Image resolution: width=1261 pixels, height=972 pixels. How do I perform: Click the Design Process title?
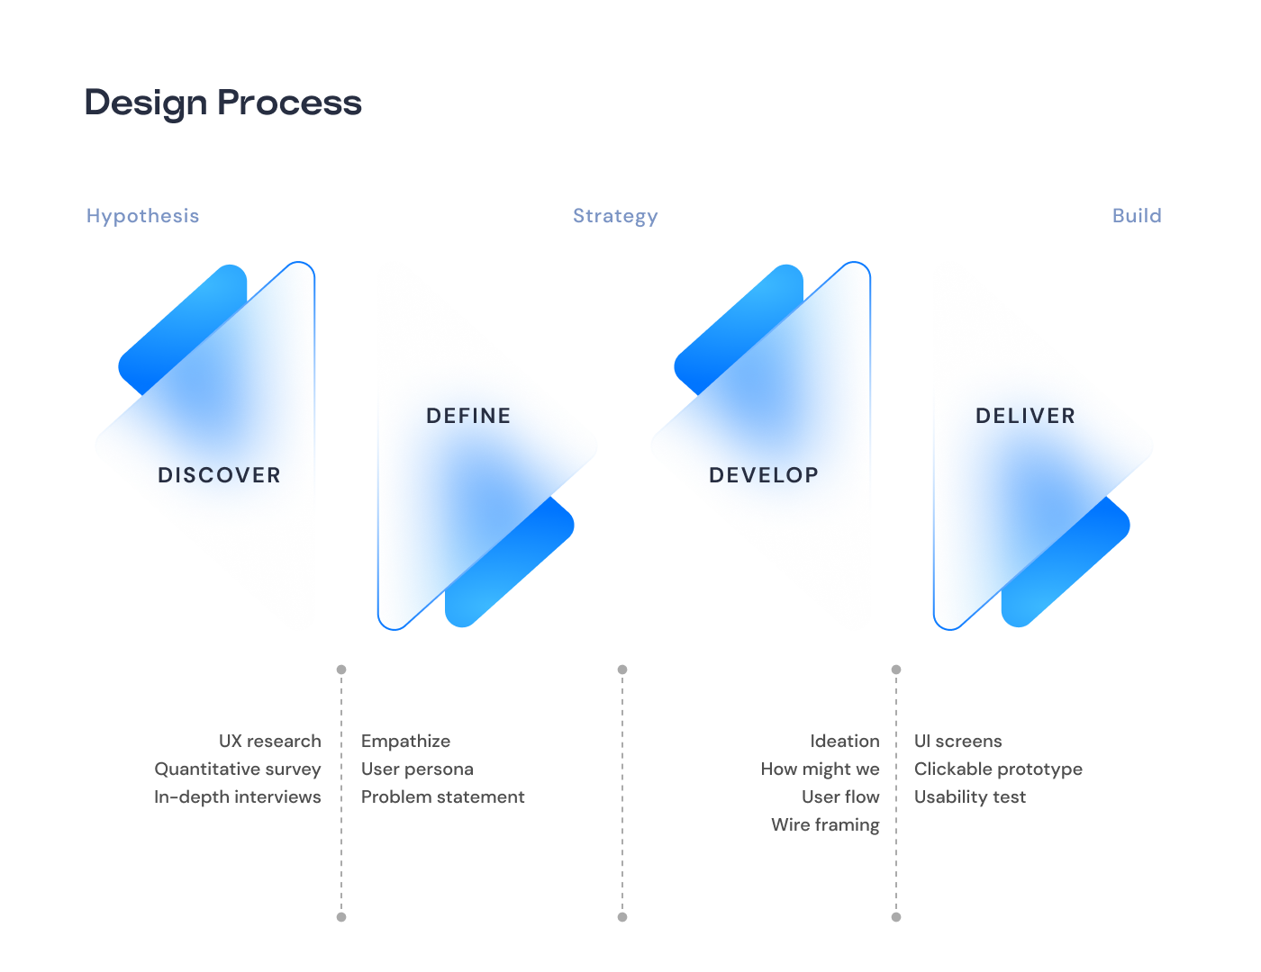222,103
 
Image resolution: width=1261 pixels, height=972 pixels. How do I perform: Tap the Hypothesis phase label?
142,216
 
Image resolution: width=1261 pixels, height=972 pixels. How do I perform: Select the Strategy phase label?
615,216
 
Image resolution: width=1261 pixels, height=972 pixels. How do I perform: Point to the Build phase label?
1136,216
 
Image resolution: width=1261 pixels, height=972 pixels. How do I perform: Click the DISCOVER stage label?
220,475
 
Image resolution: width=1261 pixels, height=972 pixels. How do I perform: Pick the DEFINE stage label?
468,416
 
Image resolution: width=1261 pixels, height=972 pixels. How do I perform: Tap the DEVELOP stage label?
764,475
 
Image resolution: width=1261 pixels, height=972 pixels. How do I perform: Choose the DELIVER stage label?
1025,416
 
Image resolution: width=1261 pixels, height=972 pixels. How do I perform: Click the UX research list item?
270,741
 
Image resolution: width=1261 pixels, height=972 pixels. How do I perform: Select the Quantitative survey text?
238,769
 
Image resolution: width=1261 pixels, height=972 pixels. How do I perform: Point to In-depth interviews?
238,797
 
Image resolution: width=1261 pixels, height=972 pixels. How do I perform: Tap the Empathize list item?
405,742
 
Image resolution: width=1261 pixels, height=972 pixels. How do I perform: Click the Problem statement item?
443,797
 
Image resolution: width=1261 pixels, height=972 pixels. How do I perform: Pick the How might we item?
820,769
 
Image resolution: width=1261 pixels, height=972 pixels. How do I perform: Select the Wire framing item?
825,824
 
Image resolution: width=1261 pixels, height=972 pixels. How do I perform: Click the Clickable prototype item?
998,769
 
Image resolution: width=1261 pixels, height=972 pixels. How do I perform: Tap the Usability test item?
970,797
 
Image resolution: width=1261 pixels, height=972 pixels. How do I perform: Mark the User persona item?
417,769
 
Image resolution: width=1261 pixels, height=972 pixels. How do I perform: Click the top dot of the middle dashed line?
622,670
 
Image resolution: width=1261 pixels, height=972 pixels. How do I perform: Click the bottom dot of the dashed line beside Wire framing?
896,917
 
